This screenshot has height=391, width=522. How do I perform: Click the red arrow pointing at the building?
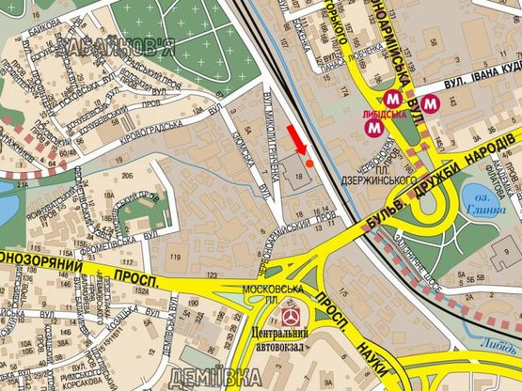(x=294, y=138)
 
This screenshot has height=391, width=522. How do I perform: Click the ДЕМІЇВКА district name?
(x=218, y=379)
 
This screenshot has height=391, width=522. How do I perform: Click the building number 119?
(x=174, y=257)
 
